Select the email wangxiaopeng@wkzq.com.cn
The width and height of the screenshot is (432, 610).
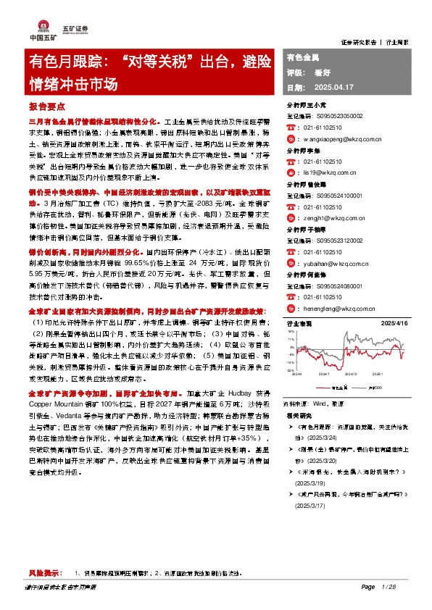tap(342, 136)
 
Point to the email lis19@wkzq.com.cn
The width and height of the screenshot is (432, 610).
tap(331, 174)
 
